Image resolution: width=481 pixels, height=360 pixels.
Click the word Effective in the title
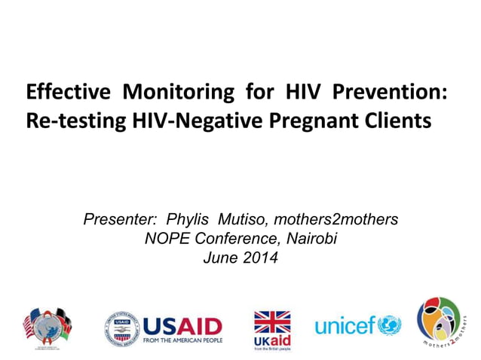(x=69, y=93)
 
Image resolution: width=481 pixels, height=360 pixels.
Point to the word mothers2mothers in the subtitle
(x=335, y=220)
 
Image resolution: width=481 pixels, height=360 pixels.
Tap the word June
(x=220, y=259)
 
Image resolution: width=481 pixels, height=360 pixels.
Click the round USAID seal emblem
(x=122, y=329)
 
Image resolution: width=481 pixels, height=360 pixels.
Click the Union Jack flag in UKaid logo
(x=271, y=322)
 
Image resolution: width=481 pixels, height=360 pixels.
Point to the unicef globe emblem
(x=390, y=325)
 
